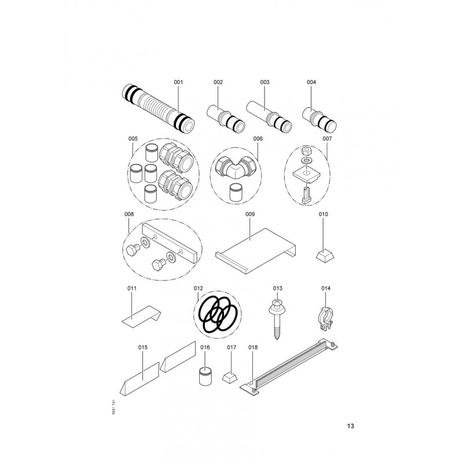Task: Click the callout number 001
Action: point(178,82)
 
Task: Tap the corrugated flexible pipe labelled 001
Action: point(158,108)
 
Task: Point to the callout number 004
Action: point(311,82)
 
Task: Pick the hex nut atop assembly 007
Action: point(307,152)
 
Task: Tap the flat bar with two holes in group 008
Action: point(170,243)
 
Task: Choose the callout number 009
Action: point(250,214)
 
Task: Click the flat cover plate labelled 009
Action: point(255,251)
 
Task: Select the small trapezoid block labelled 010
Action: point(325,255)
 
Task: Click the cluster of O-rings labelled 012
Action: point(218,314)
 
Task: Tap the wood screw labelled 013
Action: point(277,319)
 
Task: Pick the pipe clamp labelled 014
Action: point(325,319)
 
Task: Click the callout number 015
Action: point(142,347)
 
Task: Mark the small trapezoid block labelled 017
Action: point(229,377)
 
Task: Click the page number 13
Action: point(351,426)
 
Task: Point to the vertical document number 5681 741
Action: point(114,407)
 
